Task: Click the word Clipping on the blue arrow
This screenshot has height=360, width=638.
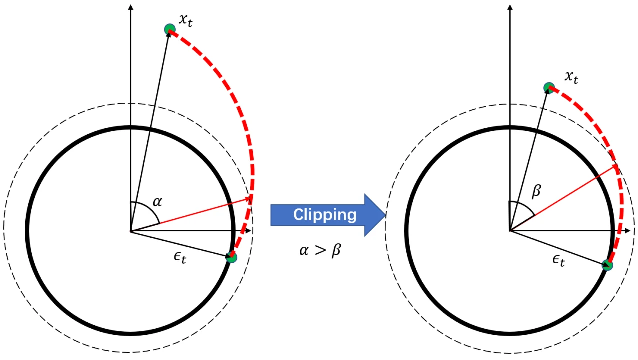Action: point(325,215)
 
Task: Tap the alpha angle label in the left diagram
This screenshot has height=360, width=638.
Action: point(157,202)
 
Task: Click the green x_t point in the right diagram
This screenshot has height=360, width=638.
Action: point(549,88)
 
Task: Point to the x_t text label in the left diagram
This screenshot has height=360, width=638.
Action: point(186,21)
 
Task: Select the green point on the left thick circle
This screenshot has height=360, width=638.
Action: point(231,257)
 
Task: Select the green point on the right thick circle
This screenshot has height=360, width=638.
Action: point(607,265)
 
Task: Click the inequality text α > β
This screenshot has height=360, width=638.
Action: point(320,250)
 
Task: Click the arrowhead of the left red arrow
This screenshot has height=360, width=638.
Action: point(249,199)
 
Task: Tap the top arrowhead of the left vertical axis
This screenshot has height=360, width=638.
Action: point(130,7)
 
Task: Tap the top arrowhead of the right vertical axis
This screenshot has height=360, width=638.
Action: point(509,7)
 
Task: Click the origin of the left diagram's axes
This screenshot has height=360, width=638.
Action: point(130,231)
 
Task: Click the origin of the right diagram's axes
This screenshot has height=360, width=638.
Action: point(509,231)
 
